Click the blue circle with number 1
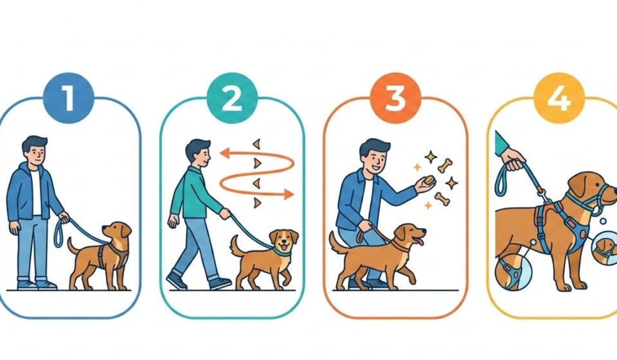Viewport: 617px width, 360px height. click(x=68, y=100)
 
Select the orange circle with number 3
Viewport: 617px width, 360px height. click(x=395, y=100)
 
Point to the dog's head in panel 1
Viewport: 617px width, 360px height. click(x=118, y=231)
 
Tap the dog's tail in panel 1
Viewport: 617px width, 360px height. click(x=71, y=246)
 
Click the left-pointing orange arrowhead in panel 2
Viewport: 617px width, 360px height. click(x=223, y=154)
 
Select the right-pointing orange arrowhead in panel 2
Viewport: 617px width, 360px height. click(x=290, y=194)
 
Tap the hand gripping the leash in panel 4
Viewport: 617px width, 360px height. click(x=512, y=157)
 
